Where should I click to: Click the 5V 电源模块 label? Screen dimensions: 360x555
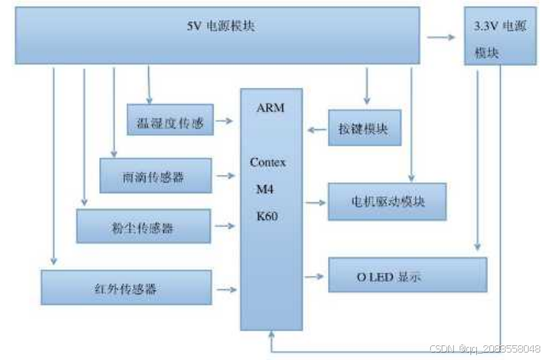click(x=221, y=26)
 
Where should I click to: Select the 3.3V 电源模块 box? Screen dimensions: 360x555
click(x=499, y=38)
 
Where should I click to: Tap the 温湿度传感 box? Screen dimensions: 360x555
click(x=169, y=122)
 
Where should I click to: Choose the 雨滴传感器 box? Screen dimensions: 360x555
click(x=155, y=176)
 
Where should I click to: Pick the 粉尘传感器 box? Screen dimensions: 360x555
click(x=143, y=226)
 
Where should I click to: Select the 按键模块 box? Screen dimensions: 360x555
click(x=363, y=128)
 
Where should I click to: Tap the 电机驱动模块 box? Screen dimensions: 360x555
click(x=386, y=201)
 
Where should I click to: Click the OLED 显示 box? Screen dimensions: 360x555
click(x=407, y=275)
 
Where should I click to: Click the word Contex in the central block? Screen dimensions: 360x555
click(x=268, y=163)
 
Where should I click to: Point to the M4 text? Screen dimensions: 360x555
click(x=266, y=190)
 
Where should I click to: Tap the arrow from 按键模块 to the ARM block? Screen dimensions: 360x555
click(x=317, y=129)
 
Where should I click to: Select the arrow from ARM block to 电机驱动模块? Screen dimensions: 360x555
click(x=315, y=201)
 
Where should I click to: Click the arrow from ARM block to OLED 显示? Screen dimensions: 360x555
click(x=315, y=275)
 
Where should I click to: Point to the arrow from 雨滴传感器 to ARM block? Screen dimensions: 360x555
click(x=225, y=175)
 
